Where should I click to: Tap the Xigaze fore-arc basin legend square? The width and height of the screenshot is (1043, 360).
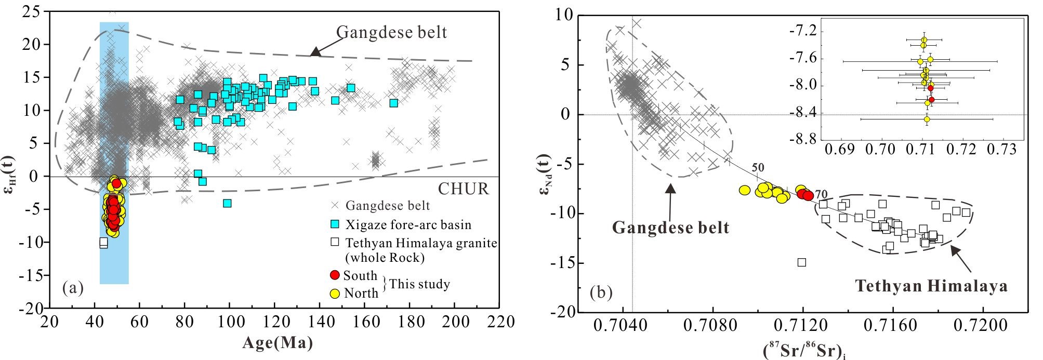point(335,225)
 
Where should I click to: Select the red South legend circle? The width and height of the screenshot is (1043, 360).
point(335,275)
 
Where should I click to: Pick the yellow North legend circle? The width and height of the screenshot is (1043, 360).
point(335,293)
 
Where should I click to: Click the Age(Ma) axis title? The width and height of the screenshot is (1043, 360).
point(277,343)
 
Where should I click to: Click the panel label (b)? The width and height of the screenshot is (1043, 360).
point(601,294)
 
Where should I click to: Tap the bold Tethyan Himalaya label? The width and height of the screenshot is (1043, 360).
point(931,286)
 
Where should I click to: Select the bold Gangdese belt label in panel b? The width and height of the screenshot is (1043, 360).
point(670,228)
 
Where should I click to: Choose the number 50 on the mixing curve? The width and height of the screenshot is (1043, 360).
point(758,168)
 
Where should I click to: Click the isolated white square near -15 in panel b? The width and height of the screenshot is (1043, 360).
point(802,262)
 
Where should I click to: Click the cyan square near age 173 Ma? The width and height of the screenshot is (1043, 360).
point(394,103)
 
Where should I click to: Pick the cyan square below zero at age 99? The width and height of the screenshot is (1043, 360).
point(227,203)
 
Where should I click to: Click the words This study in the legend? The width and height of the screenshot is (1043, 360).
point(419,284)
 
